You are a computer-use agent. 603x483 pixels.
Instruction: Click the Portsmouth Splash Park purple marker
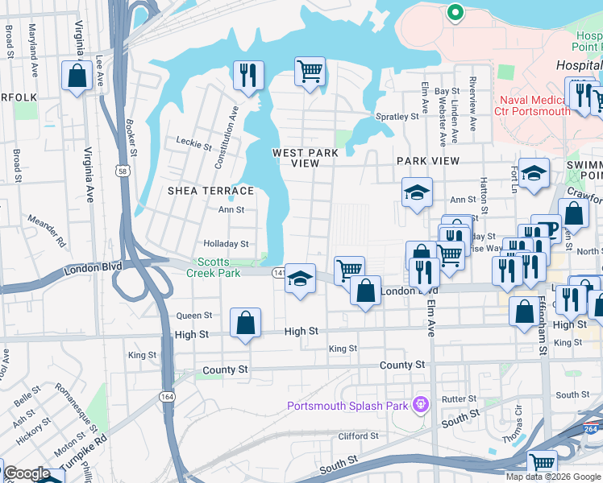(418, 404)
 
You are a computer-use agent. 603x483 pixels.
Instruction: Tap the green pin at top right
(455, 13)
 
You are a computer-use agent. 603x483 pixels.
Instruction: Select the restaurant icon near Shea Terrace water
(248, 75)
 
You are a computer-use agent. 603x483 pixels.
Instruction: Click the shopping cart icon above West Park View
(310, 71)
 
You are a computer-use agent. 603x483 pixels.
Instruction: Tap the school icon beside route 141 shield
(300, 279)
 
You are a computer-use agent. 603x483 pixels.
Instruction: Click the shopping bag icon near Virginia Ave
(77, 76)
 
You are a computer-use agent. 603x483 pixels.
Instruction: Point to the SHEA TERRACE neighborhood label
(210, 191)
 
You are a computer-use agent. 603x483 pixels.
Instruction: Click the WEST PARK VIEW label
(306, 158)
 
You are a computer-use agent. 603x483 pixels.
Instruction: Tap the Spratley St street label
(400, 116)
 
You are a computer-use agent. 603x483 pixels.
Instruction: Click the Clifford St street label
(358, 436)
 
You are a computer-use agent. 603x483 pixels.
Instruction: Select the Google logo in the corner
(26, 473)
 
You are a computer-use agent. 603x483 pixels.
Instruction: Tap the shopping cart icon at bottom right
(543, 463)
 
